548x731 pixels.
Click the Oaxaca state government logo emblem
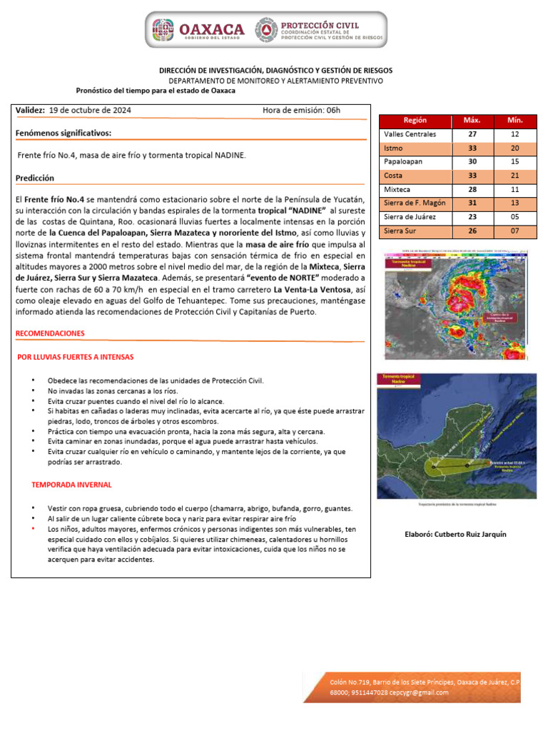(x=164, y=29)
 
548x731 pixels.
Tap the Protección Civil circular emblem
(x=268, y=29)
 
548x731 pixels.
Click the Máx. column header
(x=472, y=121)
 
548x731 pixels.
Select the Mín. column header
(x=514, y=121)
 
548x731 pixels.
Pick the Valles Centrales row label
(x=410, y=134)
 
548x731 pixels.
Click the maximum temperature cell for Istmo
(x=472, y=148)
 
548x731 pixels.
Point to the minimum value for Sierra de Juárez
(x=514, y=216)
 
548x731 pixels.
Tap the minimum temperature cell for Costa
(x=514, y=176)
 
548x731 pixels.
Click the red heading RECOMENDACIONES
(x=50, y=333)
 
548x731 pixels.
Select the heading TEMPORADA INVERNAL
(x=71, y=485)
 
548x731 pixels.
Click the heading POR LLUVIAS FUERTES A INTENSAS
(x=75, y=356)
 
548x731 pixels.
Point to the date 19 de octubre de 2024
(x=90, y=110)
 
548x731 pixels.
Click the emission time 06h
(x=333, y=110)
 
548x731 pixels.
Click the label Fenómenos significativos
(x=63, y=133)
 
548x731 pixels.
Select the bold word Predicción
(x=34, y=178)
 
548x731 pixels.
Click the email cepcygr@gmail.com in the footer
(x=420, y=692)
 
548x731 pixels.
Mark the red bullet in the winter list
(x=34, y=529)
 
